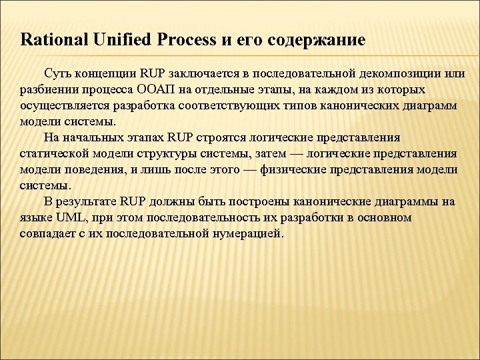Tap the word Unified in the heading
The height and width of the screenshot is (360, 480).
(x=115, y=40)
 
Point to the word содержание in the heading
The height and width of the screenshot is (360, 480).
(x=316, y=40)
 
